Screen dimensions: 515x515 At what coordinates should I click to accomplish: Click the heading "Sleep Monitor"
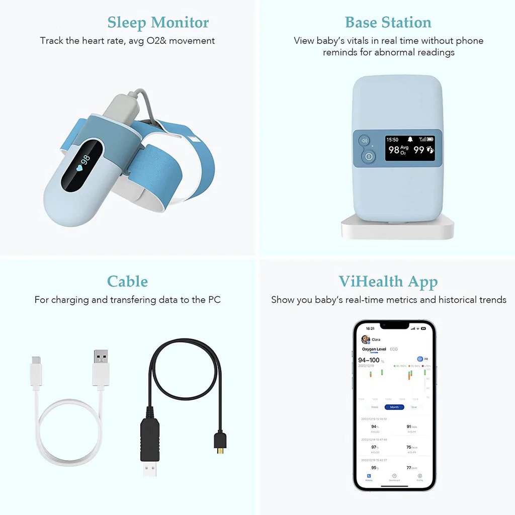[158, 23]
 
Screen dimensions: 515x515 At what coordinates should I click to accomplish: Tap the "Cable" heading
[127, 281]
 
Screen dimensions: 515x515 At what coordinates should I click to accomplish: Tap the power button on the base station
[368, 156]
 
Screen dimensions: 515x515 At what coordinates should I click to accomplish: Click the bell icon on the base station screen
[410, 139]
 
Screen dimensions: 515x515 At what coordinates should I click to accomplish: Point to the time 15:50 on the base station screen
[392, 139]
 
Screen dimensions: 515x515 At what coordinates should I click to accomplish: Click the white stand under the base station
[397, 229]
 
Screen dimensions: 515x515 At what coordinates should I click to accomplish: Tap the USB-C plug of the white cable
[36, 370]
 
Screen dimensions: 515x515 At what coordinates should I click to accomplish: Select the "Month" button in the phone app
[394, 407]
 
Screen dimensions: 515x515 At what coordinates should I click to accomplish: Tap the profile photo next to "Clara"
[366, 340]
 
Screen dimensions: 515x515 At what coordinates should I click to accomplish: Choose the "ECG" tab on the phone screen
[394, 349]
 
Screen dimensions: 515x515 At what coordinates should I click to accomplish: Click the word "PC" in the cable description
[214, 300]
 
